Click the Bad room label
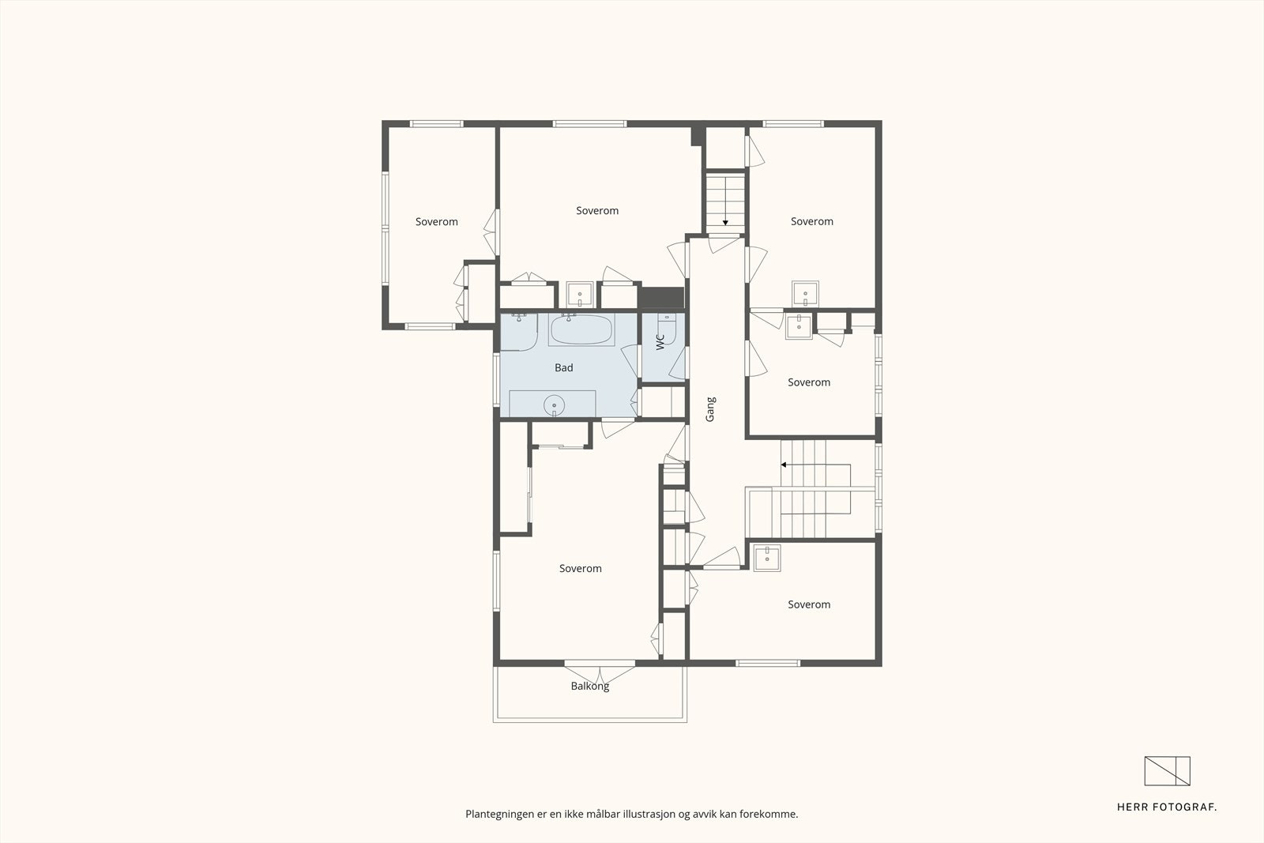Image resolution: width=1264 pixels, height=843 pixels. tap(564, 368)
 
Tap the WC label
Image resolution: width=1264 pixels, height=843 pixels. tap(660, 342)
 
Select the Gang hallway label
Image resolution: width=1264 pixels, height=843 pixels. tap(710, 409)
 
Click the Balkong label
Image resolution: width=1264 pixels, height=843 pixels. tap(589, 686)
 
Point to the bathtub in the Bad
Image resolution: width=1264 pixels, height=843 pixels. tap(581, 330)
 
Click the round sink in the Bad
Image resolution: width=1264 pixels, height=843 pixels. tap(554, 405)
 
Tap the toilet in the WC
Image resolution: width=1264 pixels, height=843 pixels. tap(667, 329)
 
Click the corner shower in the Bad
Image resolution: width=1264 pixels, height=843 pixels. tap(519, 332)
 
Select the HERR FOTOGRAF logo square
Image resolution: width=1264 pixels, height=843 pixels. tap(1167, 771)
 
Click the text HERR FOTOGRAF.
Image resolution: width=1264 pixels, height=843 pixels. tap(1167, 807)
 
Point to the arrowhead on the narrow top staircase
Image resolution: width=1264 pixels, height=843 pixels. tap(725, 223)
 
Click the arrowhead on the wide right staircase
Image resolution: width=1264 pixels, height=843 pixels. tap(784, 465)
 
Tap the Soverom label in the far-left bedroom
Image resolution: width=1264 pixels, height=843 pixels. tap(437, 222)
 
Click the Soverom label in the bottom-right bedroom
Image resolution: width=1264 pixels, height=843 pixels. tap(809, 604)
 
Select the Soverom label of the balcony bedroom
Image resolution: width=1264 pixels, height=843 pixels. tap(581, 568)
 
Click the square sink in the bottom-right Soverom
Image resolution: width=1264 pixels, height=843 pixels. tap(767, 558)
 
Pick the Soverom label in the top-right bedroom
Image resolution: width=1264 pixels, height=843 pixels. tap(812, 221)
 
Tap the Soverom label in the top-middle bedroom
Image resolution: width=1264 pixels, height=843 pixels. tap(597, 210)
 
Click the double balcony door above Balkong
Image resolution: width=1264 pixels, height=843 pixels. tap(600, 672)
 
